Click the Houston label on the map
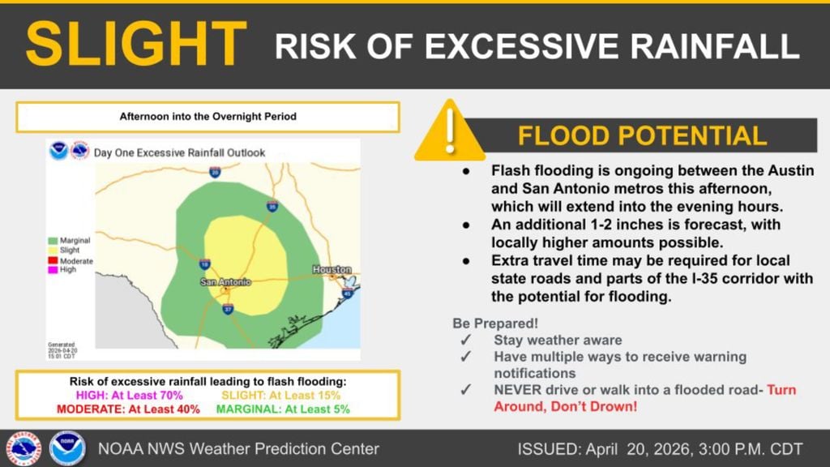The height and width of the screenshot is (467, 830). (332, 269)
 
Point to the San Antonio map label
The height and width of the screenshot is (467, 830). (225, 281)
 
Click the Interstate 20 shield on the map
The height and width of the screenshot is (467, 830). (215, 172)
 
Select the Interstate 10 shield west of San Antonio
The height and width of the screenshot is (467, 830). (204, 264)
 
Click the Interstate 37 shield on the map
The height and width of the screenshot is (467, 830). (228, 309)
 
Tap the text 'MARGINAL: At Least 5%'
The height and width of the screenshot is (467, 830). (283, 409)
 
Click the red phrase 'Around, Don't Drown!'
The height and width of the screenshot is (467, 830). (565, 405)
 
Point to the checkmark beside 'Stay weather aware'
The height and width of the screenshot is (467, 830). (465, 341)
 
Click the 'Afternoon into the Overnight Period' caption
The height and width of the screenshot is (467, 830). (207, 117)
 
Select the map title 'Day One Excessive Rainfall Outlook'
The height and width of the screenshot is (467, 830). (179, 152)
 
